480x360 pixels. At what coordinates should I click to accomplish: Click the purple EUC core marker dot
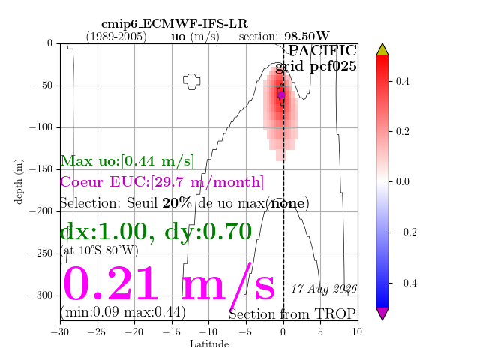click(x=281, y=95)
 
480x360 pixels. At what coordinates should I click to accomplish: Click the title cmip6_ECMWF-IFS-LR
click(x=175, y=23)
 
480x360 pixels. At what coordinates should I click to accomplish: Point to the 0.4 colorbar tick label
click(x=402, y=82)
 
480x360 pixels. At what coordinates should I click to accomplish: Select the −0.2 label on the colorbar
click(x=406, y=232)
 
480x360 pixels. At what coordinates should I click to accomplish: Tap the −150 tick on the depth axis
click(x=40, y=169)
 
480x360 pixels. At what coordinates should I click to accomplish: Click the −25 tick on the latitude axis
click(x=97, y=331)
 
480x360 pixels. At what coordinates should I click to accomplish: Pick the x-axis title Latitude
click(x=209, y=344)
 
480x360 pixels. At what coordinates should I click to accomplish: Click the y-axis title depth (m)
click(x=19, y=181)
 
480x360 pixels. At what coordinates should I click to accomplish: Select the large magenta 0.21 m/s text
click(x=169, y=283)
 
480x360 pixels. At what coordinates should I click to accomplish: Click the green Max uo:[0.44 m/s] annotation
click(x=127, y=161)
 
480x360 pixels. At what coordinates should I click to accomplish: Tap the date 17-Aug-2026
click(x=324, y=289)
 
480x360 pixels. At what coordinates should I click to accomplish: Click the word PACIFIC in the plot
click(x=322, y=50)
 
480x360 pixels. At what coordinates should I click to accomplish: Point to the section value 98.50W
click(x=307, y=37)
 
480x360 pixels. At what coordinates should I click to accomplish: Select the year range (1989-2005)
click(x=116, y=37)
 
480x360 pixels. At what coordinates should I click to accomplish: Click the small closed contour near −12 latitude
click(x=192, y=82)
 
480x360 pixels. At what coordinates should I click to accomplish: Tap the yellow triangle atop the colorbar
click(x=382, y=50)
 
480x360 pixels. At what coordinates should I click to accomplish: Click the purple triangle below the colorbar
click(x=382, y=313)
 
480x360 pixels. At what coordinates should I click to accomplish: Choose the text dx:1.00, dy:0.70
click(x=156, y=232)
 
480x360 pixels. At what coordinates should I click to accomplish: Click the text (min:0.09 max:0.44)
click(x=123, y=312)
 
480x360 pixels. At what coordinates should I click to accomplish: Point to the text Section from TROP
click(x=292, y=314)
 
